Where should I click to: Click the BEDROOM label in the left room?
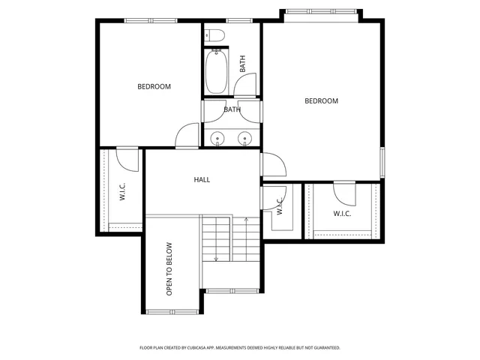(x=154, y=87)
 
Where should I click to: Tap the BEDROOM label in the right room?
(x=321, y=101)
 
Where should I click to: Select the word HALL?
(x=202, y=180)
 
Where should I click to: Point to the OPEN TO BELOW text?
(x=169, y=268)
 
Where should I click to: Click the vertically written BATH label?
(x=242, y=64)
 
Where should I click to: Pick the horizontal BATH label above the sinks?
(x=232, y=109)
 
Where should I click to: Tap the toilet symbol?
(x=211, y=34)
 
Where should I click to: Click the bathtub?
(x=217, y=71)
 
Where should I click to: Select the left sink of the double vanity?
(x=217, y=138)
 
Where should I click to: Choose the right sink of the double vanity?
(x=244, y=138)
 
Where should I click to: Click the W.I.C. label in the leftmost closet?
(x=122, y=192)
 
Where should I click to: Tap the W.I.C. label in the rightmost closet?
(x=343, y=214)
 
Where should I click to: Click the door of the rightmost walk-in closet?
(x=345, y=192)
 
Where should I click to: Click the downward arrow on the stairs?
(x=217, y=259)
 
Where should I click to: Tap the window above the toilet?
(x=238, y=20)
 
